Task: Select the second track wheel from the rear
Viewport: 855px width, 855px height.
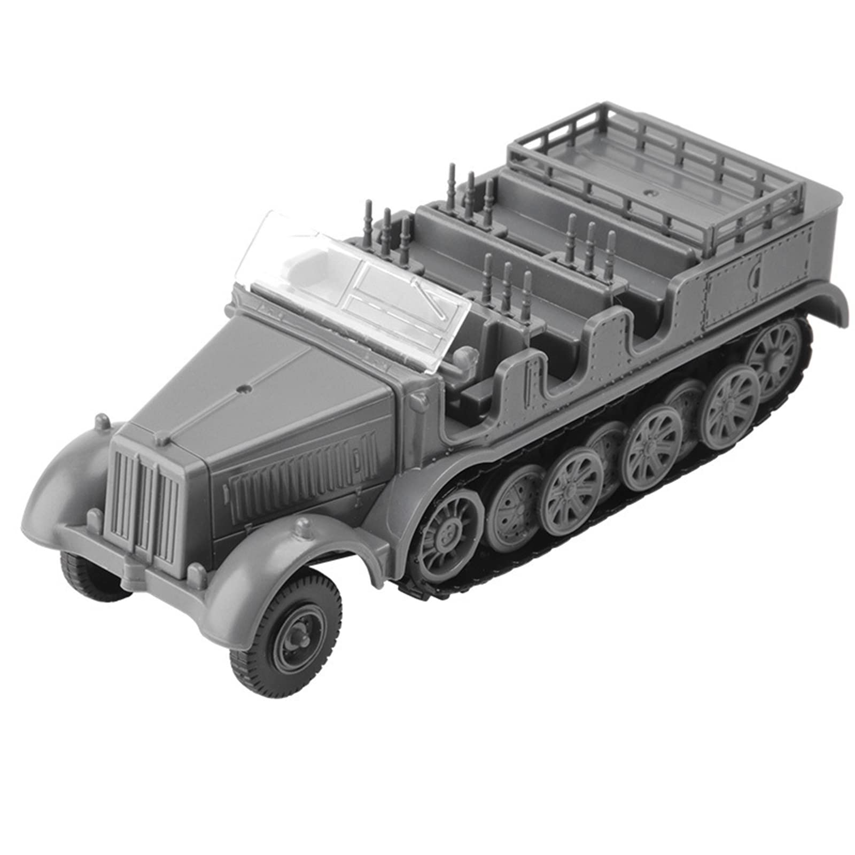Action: pos(732,401)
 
